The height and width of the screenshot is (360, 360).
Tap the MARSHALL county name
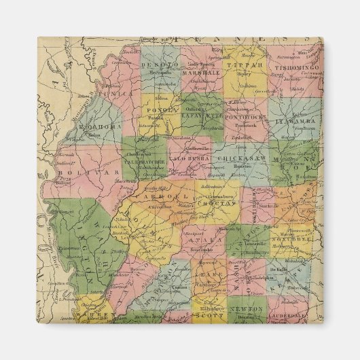click(200, 71)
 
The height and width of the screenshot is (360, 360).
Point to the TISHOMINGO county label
click(294, 69)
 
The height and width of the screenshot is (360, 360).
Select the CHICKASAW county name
click(253, 158)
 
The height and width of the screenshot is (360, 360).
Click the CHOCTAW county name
click(216, 203)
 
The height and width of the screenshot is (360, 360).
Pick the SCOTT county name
click(211, 315)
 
